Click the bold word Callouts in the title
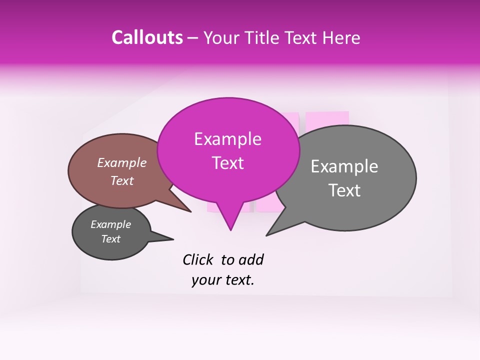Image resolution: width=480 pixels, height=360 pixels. point(147,37)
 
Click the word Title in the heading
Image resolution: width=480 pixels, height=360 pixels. point(265,38)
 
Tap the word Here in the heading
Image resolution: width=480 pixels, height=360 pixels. point(340,38)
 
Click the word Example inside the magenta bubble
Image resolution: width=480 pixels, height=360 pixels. point(228,139)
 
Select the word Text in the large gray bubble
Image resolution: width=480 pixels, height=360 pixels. point(345,190)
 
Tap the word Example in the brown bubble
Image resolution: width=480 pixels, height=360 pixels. point(122,162)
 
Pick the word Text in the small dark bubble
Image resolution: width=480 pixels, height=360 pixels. point(111,239)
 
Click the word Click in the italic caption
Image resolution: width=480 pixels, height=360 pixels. point(198,259)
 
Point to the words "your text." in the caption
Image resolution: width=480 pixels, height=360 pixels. point(223,280)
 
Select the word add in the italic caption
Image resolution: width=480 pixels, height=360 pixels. point(251,259)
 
